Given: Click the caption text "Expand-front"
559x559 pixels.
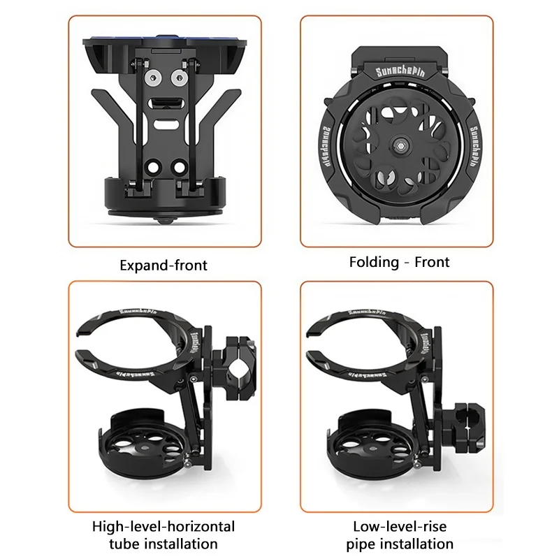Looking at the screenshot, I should click(x=164, y=266).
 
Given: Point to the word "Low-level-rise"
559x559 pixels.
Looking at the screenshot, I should click(x=399, y=525).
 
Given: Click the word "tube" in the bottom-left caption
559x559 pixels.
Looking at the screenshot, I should click(x=128, y=543).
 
